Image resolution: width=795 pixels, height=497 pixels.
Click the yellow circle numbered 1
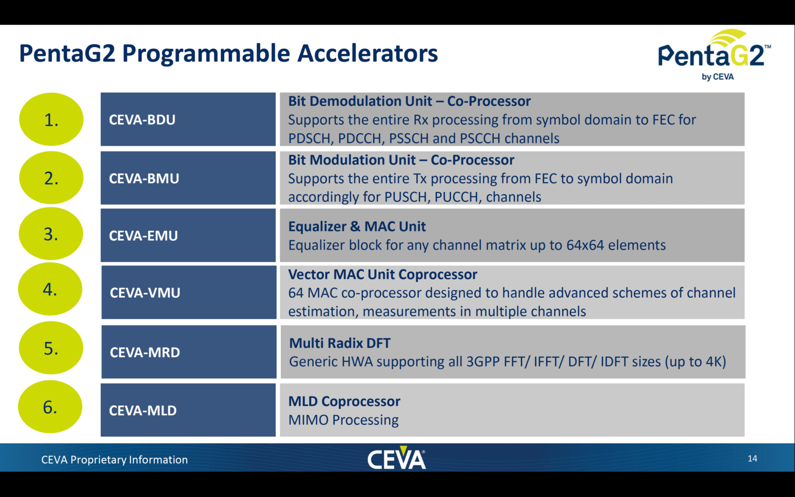(x=51, y=120)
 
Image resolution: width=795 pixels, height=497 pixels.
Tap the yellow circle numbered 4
(x=50, y=289)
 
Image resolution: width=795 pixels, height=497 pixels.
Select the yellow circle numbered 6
(x=50, y=407)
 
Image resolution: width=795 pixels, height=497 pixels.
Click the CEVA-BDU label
(x=142, y=120)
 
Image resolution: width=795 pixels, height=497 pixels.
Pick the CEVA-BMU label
(x=144, y=179)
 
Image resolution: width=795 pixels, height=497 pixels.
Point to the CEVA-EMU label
(x=143, y=236)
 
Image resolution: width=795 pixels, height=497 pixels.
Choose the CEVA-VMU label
(x=145, y=293)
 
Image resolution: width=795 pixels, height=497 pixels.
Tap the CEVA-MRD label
(x=145, y=353)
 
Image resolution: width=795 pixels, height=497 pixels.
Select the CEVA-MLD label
(x=143, y=411)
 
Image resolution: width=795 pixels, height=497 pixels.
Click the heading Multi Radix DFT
(x=340, y=343)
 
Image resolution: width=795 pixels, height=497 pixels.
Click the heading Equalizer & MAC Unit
(x=357, y=227)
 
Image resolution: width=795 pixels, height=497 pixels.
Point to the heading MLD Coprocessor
(x=344, y=401)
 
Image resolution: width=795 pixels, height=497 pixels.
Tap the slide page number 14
(x=752, y=459)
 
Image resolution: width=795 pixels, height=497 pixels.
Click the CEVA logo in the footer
(x=396, y=458)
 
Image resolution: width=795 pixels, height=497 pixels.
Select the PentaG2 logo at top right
(x=714, y=54)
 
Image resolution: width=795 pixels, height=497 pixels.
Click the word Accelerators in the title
(x=367, y=53)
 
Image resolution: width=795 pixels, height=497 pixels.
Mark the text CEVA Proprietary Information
(x=114, y=460)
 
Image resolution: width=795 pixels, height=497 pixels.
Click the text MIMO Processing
(x=343, y=420)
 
